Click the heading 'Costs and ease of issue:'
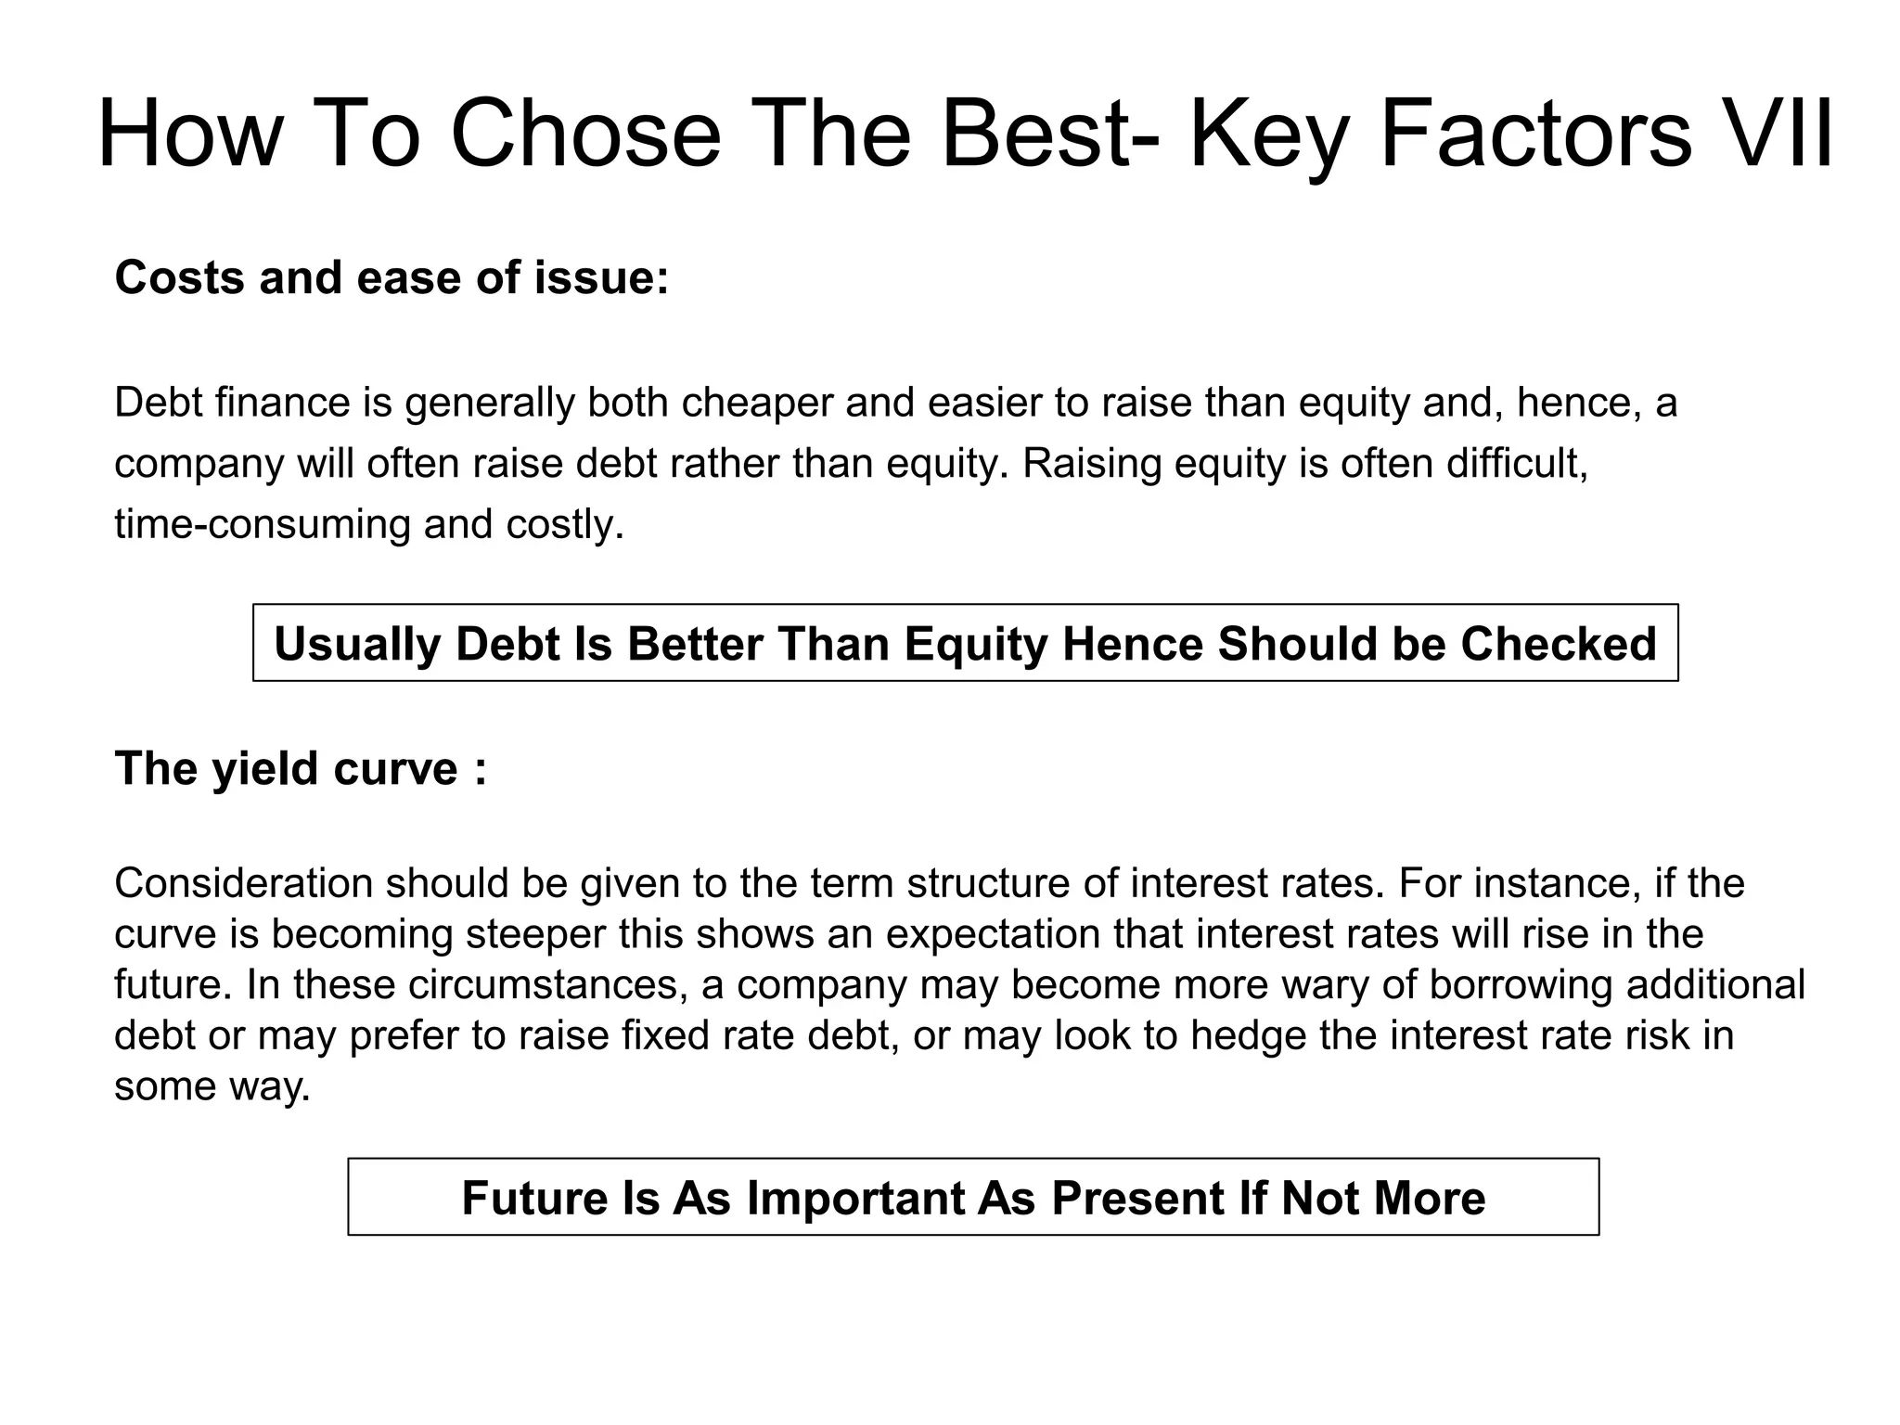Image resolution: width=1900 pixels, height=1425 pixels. tap(392, 277)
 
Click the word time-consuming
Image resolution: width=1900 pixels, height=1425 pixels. tap(262, 524)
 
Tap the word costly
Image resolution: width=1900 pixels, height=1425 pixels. tap(565, 524)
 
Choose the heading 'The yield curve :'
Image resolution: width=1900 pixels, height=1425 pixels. tap(301, 769)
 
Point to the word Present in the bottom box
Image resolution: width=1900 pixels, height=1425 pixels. tap(1136, 1198)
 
